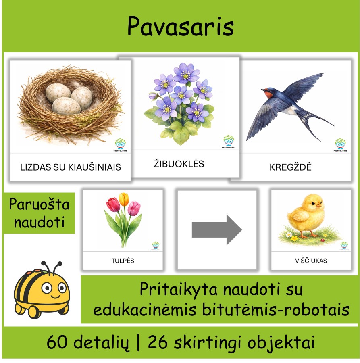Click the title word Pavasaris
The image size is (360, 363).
(180, 27)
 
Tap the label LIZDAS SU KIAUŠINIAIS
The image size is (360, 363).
(71, 167)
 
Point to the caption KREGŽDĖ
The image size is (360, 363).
(290, 167)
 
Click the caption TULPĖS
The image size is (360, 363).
(123, 261)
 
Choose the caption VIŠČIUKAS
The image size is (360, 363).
(311, 261)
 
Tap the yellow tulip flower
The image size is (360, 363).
(124, 199)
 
